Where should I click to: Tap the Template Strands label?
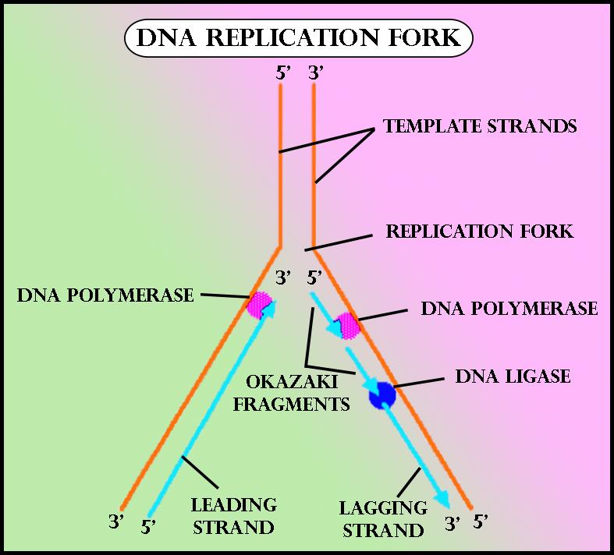(x=480, y=126)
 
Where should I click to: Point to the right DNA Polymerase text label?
(x=509, y=308)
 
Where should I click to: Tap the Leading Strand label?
(x=234, y=515)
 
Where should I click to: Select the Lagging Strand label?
(x=383, y=519)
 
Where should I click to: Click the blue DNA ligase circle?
(x=383, y=394)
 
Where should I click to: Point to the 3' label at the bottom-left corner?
(x=116, y=521)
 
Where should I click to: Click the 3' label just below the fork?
(x=284, y=276)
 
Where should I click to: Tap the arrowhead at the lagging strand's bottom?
(x=442, y=499)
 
